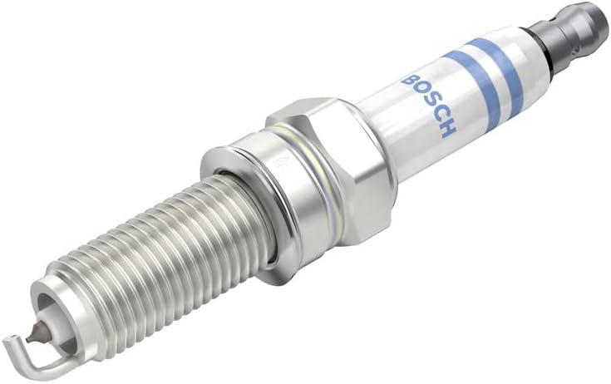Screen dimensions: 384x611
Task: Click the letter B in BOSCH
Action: point(409,81)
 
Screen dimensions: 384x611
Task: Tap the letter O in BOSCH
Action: point(419,94)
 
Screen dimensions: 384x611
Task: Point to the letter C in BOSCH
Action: point(440,119)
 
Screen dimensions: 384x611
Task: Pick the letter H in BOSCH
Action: point(450,131)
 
